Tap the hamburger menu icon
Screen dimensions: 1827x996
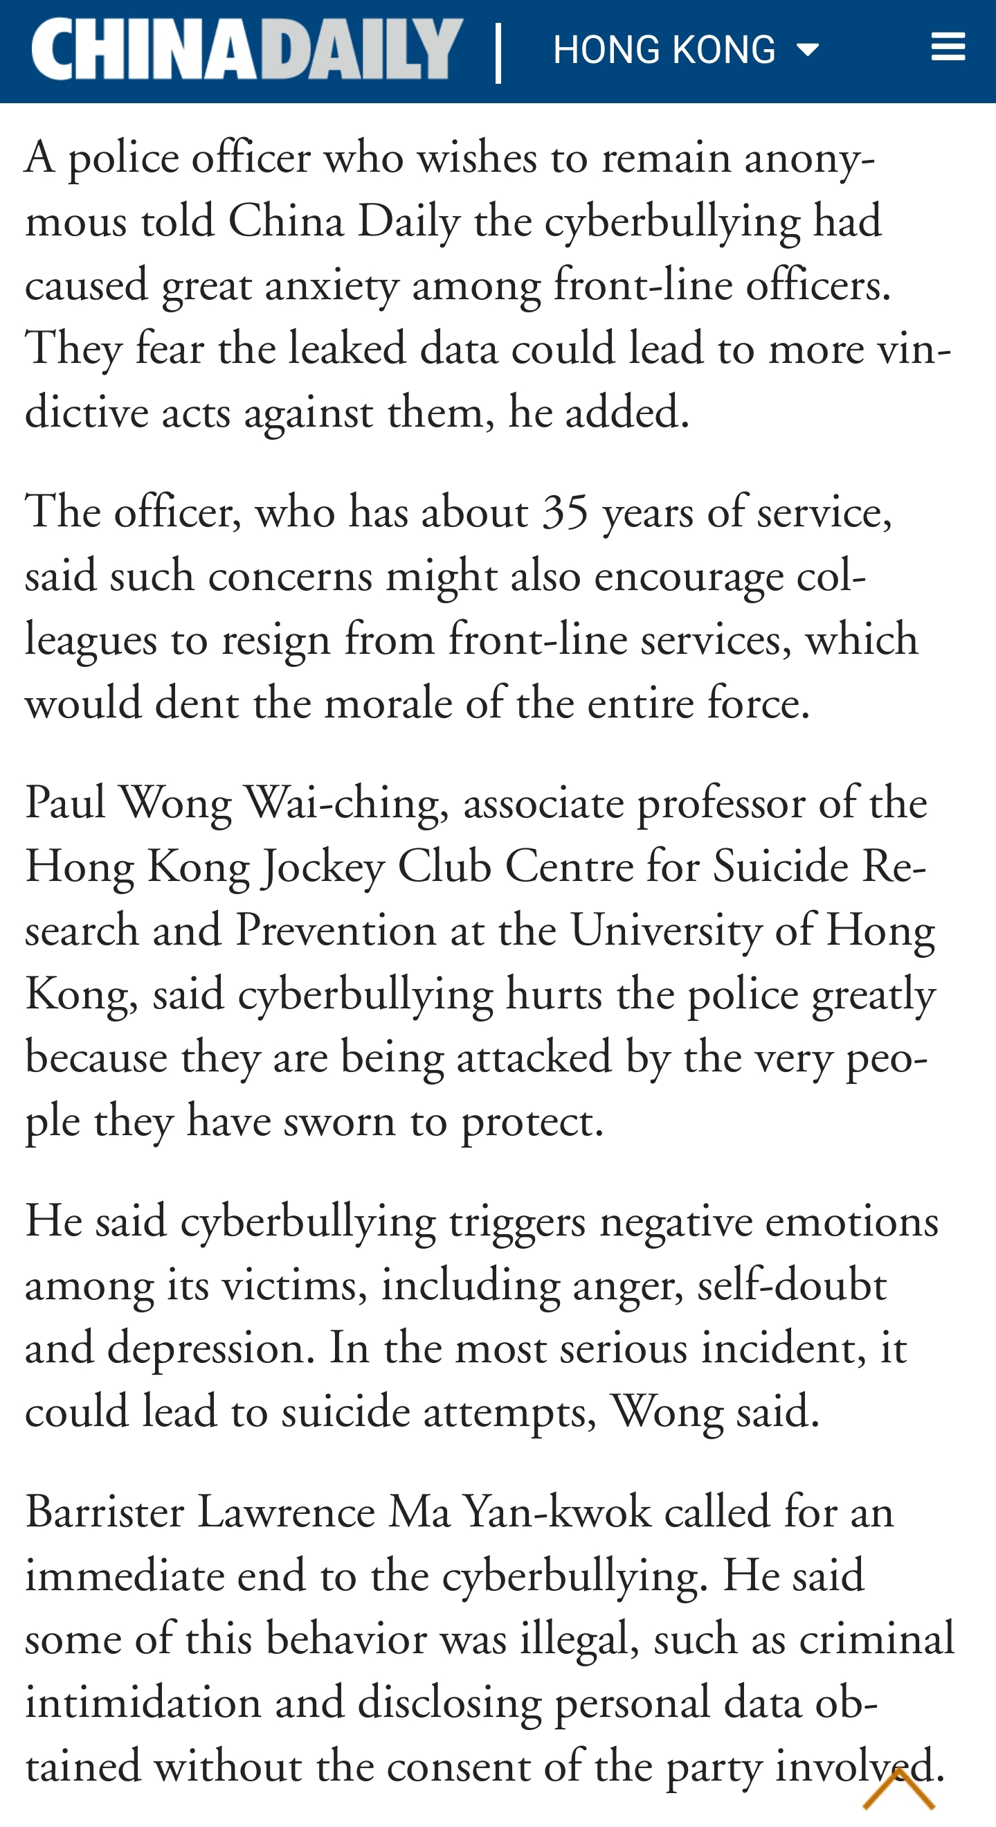coord(948,47)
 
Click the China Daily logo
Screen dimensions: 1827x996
coord(246,49)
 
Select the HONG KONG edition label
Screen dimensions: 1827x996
coord(664,50)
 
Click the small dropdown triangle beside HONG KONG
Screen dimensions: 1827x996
coord(808,50)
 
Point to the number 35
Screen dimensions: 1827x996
coord(565,511)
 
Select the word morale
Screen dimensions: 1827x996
coord(399,704)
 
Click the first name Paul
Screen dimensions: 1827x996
coord(65,803)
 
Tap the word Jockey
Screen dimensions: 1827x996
coord(323,867)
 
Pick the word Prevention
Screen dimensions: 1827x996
coord(335,931)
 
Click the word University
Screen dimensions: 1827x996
coord(666,931)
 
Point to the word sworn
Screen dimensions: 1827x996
coord(339,1122)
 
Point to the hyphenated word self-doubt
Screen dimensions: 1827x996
coord(791,1285)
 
